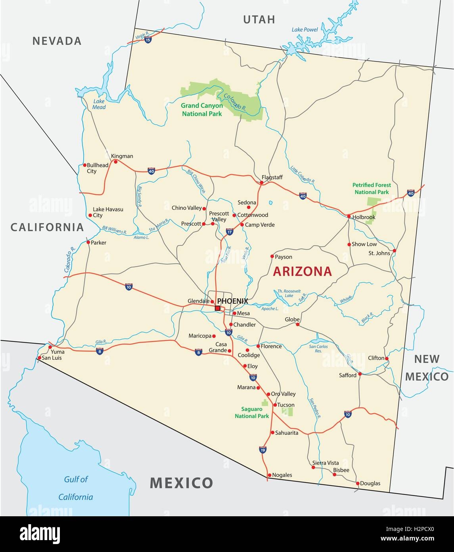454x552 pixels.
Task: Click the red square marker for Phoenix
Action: pyautogui.click(x=217, y=308)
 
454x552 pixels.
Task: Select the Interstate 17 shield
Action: pyautogui.click(x=229, y=232)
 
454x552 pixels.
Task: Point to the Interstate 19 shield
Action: pyautogui.click(x=262, y=450)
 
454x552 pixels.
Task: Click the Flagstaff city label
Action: pyautogui.click(x=272, y=177)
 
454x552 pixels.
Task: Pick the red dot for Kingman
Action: pyautogui.click(x=115, y=162)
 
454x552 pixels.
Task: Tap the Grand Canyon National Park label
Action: pyautogui.click(x=201, y=110)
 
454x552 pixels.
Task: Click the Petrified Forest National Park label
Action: pyautogui.click(x=372, y=188)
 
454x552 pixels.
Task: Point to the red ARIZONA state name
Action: pyautogui.click(x=303, y=271)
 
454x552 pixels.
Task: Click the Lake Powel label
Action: pyautogui.click(x=305, y=29)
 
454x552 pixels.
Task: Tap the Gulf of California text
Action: pyautogui.click(x=76, y=488)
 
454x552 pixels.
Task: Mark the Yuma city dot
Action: pyautogui.click(x=50, y=347)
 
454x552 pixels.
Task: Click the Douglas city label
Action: pyautogui.click(x=370, y=483)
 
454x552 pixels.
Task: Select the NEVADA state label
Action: pyautogui.click(x=57, y=41)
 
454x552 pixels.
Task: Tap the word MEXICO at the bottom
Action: pyautogui.click(x=181, y=483)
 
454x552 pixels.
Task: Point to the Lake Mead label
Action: pyautogui.click(x=99, y=104)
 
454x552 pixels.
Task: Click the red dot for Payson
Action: pyautogui.click(x=272, y=256)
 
